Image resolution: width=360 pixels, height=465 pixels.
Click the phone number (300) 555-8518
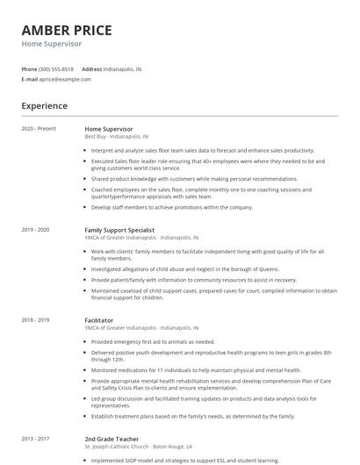[x=56, y=68]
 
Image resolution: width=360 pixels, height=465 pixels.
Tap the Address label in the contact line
[x=91, y=68]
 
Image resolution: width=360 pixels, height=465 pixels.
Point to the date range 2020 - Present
[x=39, y=129]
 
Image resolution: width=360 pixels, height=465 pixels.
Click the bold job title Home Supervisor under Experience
[x=115, y=129]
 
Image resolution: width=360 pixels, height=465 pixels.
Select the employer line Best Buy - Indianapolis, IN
[x=117, y=137]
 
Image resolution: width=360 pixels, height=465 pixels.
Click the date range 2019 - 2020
[x=36, y=230]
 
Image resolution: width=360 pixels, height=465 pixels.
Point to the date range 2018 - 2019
[x=36, y=321]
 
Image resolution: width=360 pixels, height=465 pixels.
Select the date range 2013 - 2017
[x=36, y=438]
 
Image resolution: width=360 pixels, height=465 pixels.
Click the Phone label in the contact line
[x=29, y=68]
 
